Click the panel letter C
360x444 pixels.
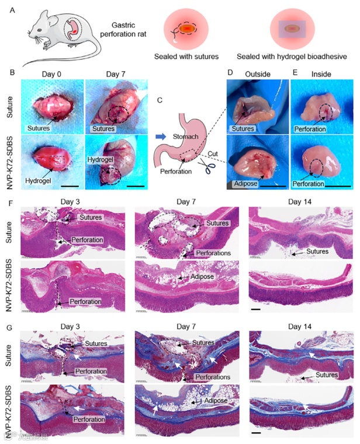160,100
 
